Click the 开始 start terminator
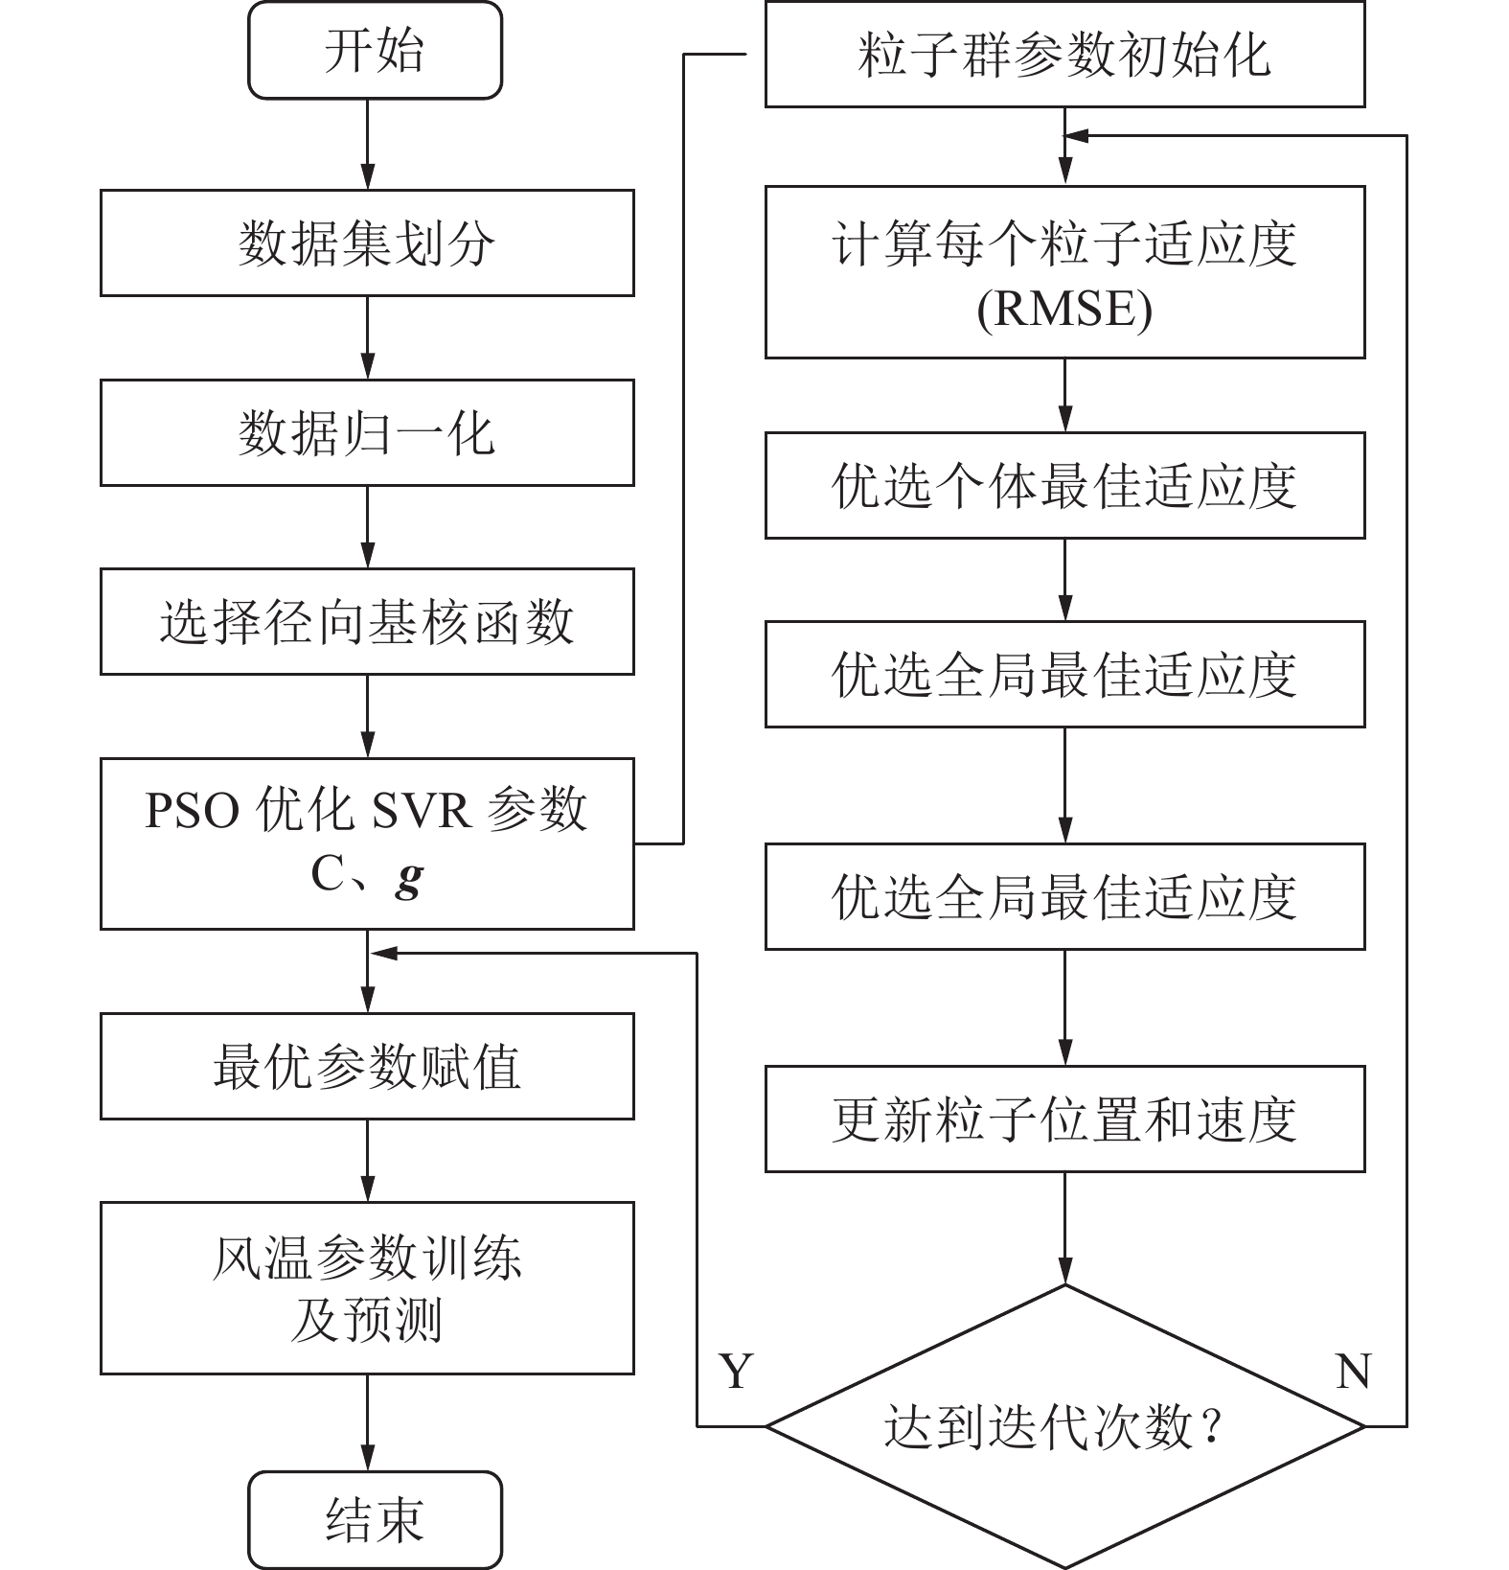coord(375,50)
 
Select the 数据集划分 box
coord(367,242)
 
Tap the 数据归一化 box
coord(367,432)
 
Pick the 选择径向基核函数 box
coord(367,621)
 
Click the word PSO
coord(192,810)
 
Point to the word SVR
coord(421,810)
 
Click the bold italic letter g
coord(409,876)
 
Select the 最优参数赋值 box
coord(367,1066)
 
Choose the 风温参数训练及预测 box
coord(367,1287)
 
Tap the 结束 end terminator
coord(375,1519)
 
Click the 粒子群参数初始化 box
coord(1064,54)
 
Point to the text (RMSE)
coord(1064,309)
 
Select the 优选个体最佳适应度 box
coord(1064,485)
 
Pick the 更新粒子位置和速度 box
coord(1064,1119)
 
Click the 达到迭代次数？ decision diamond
coord(1064,1426)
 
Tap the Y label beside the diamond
coord(736,1372)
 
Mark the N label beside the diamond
coord(1353,1372)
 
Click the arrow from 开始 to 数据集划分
coord(367,144)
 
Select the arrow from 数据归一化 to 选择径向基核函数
coord(367,526)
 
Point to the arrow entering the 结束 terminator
coord(367,1422)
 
